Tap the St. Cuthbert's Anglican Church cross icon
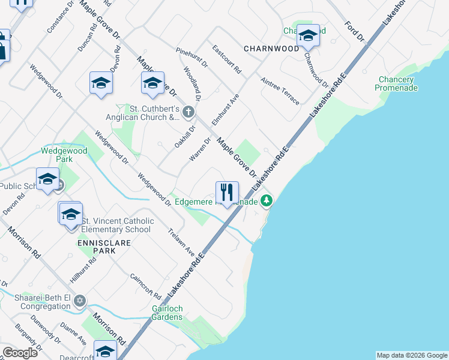click(188, 111)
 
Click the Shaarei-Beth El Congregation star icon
click(80, 301)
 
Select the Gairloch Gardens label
click(167, 313)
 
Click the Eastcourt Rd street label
click(226, 60)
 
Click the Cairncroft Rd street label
click(146, 286)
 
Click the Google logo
click(20, 352)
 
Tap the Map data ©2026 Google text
click(411, 355)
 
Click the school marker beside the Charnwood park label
click(308, 36)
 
